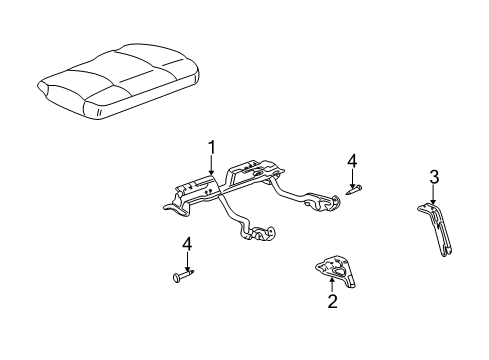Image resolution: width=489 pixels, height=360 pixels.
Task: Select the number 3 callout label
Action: pyautogui.click(x=434, y=177)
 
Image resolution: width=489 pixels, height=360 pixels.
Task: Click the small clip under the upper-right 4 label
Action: pyautogui.click(x=354, y=187)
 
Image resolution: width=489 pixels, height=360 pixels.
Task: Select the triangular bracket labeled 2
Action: pyautogui.click(x=336, y=268)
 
